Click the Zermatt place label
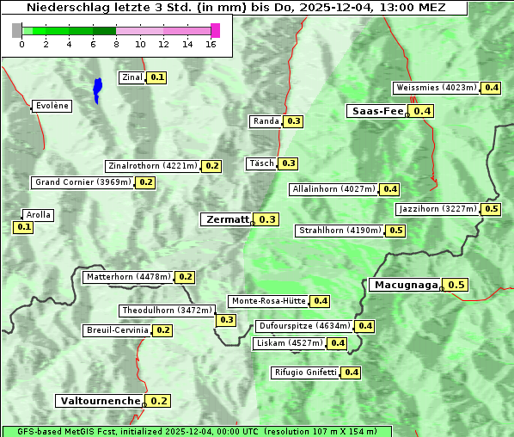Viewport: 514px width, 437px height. coord(226,219)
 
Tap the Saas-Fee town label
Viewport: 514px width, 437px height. coord(376,111)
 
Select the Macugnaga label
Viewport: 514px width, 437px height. coord(405,285)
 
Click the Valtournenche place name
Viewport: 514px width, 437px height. coord(100,401)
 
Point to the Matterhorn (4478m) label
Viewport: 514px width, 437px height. coord(127,277)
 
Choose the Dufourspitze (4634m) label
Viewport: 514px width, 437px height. coord(304,326)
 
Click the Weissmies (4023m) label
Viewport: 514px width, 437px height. coord(436,88)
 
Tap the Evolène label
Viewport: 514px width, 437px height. coord(51,106)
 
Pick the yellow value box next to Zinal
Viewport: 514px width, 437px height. coord(156,77)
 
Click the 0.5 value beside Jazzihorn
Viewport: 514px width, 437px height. coord(492,209)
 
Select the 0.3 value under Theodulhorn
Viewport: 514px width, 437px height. coord(226,320)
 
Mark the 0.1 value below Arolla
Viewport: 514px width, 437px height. coord(23,227)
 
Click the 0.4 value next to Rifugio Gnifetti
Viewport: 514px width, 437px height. coord(351,372)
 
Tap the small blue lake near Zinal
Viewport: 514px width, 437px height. coord(97,89)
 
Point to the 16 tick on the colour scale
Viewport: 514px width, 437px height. coord(211,44)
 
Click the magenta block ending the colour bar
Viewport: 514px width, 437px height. coord(215,30)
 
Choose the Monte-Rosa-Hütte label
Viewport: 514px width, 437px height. coord(268,301)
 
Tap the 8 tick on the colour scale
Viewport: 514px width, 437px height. coord(116,44)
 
